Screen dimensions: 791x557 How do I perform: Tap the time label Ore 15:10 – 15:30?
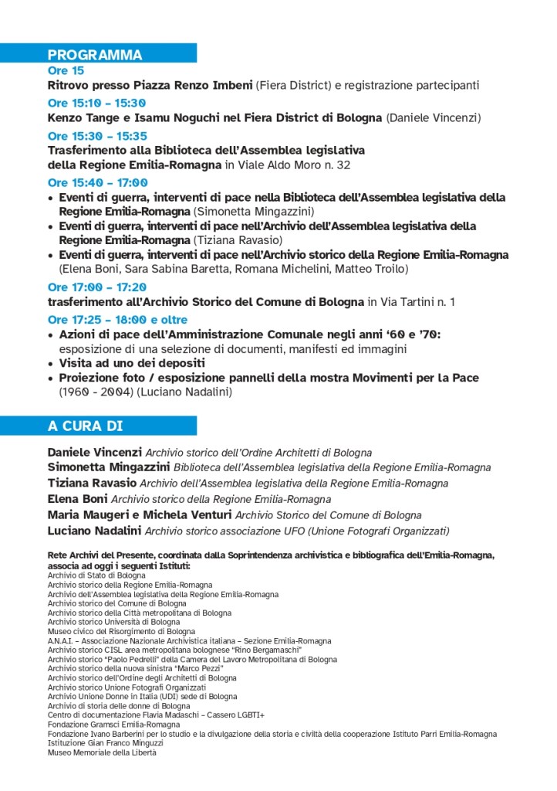(96, 103)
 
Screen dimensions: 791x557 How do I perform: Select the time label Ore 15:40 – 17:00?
(97, 183)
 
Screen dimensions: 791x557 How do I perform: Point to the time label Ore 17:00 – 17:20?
(96, 287)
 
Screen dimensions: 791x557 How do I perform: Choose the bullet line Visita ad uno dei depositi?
(133, 363)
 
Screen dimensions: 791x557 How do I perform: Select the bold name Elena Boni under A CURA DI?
(77, 499)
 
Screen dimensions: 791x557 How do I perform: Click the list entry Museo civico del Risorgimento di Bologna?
(122, 631)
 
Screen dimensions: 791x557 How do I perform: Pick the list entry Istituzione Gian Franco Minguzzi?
(111, 742)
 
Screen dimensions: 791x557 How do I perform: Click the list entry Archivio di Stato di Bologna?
(96, 575)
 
